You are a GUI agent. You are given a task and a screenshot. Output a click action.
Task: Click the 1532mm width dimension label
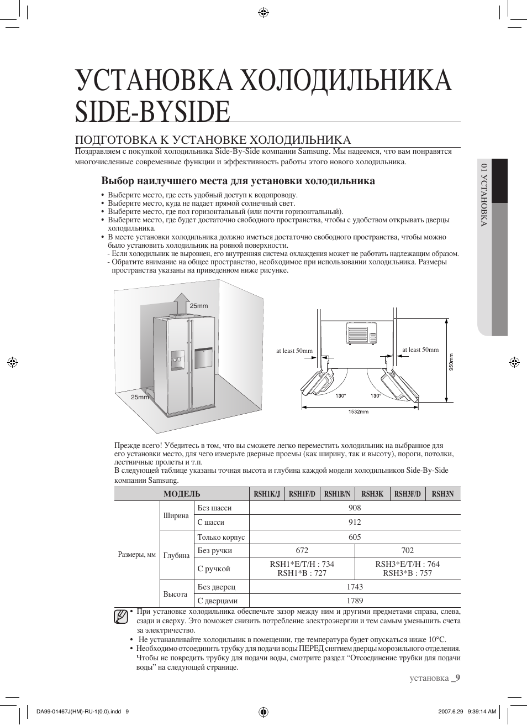tap(358, 411)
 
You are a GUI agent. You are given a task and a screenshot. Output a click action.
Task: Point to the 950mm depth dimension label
tap(451, 363)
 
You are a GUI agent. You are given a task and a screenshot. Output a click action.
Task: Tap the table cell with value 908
tap(355, 508)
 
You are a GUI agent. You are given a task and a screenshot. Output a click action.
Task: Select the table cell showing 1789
tap(355, 601)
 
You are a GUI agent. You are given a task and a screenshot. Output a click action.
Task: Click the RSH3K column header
tap(372, 494)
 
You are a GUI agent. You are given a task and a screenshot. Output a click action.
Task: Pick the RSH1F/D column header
tap(302, 494)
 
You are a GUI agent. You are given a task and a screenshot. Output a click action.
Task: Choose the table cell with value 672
tap(302, 550)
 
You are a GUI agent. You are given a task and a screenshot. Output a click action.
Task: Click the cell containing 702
tap(407, 550)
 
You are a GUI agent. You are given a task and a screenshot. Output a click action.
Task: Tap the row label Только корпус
tap(221, 537)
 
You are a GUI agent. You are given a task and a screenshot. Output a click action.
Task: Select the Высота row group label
tap(175, 594)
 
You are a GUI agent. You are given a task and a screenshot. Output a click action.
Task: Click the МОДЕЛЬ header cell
tap(182, 494)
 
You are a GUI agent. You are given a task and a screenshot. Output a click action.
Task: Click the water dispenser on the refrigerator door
tap(178, 360)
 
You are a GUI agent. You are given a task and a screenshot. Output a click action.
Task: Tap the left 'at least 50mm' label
tap(294, 351)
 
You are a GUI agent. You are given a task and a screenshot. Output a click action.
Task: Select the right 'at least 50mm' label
tap(420, 350)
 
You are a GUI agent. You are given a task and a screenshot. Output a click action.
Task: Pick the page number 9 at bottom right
tap(457, 678)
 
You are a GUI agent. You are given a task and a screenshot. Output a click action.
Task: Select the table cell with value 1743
tap(355, 586)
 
